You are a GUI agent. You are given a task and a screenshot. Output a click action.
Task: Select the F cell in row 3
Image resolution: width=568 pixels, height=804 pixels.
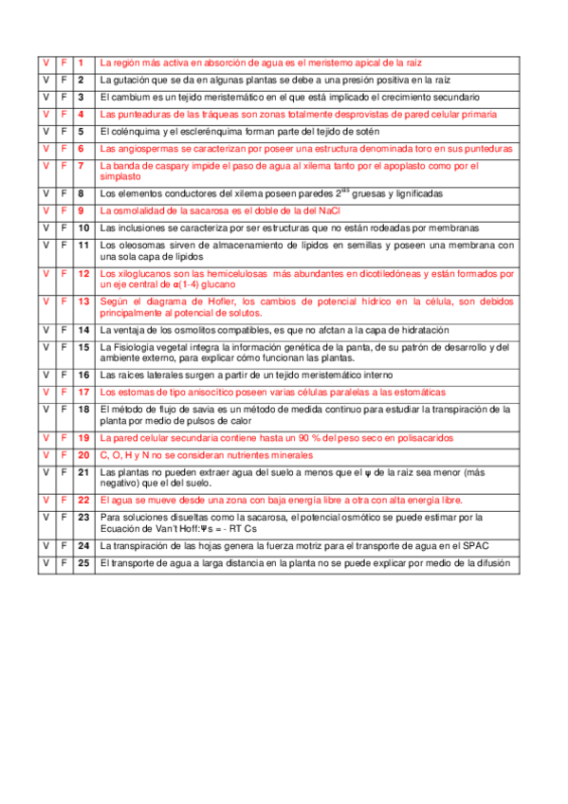64,97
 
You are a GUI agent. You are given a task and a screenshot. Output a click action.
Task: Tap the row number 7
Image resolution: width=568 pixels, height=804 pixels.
82,166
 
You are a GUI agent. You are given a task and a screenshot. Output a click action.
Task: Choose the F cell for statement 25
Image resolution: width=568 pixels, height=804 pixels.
64,563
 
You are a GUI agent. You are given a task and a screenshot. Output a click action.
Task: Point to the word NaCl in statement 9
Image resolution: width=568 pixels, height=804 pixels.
323,210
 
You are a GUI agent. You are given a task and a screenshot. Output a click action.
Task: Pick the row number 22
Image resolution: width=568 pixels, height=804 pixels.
83,500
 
